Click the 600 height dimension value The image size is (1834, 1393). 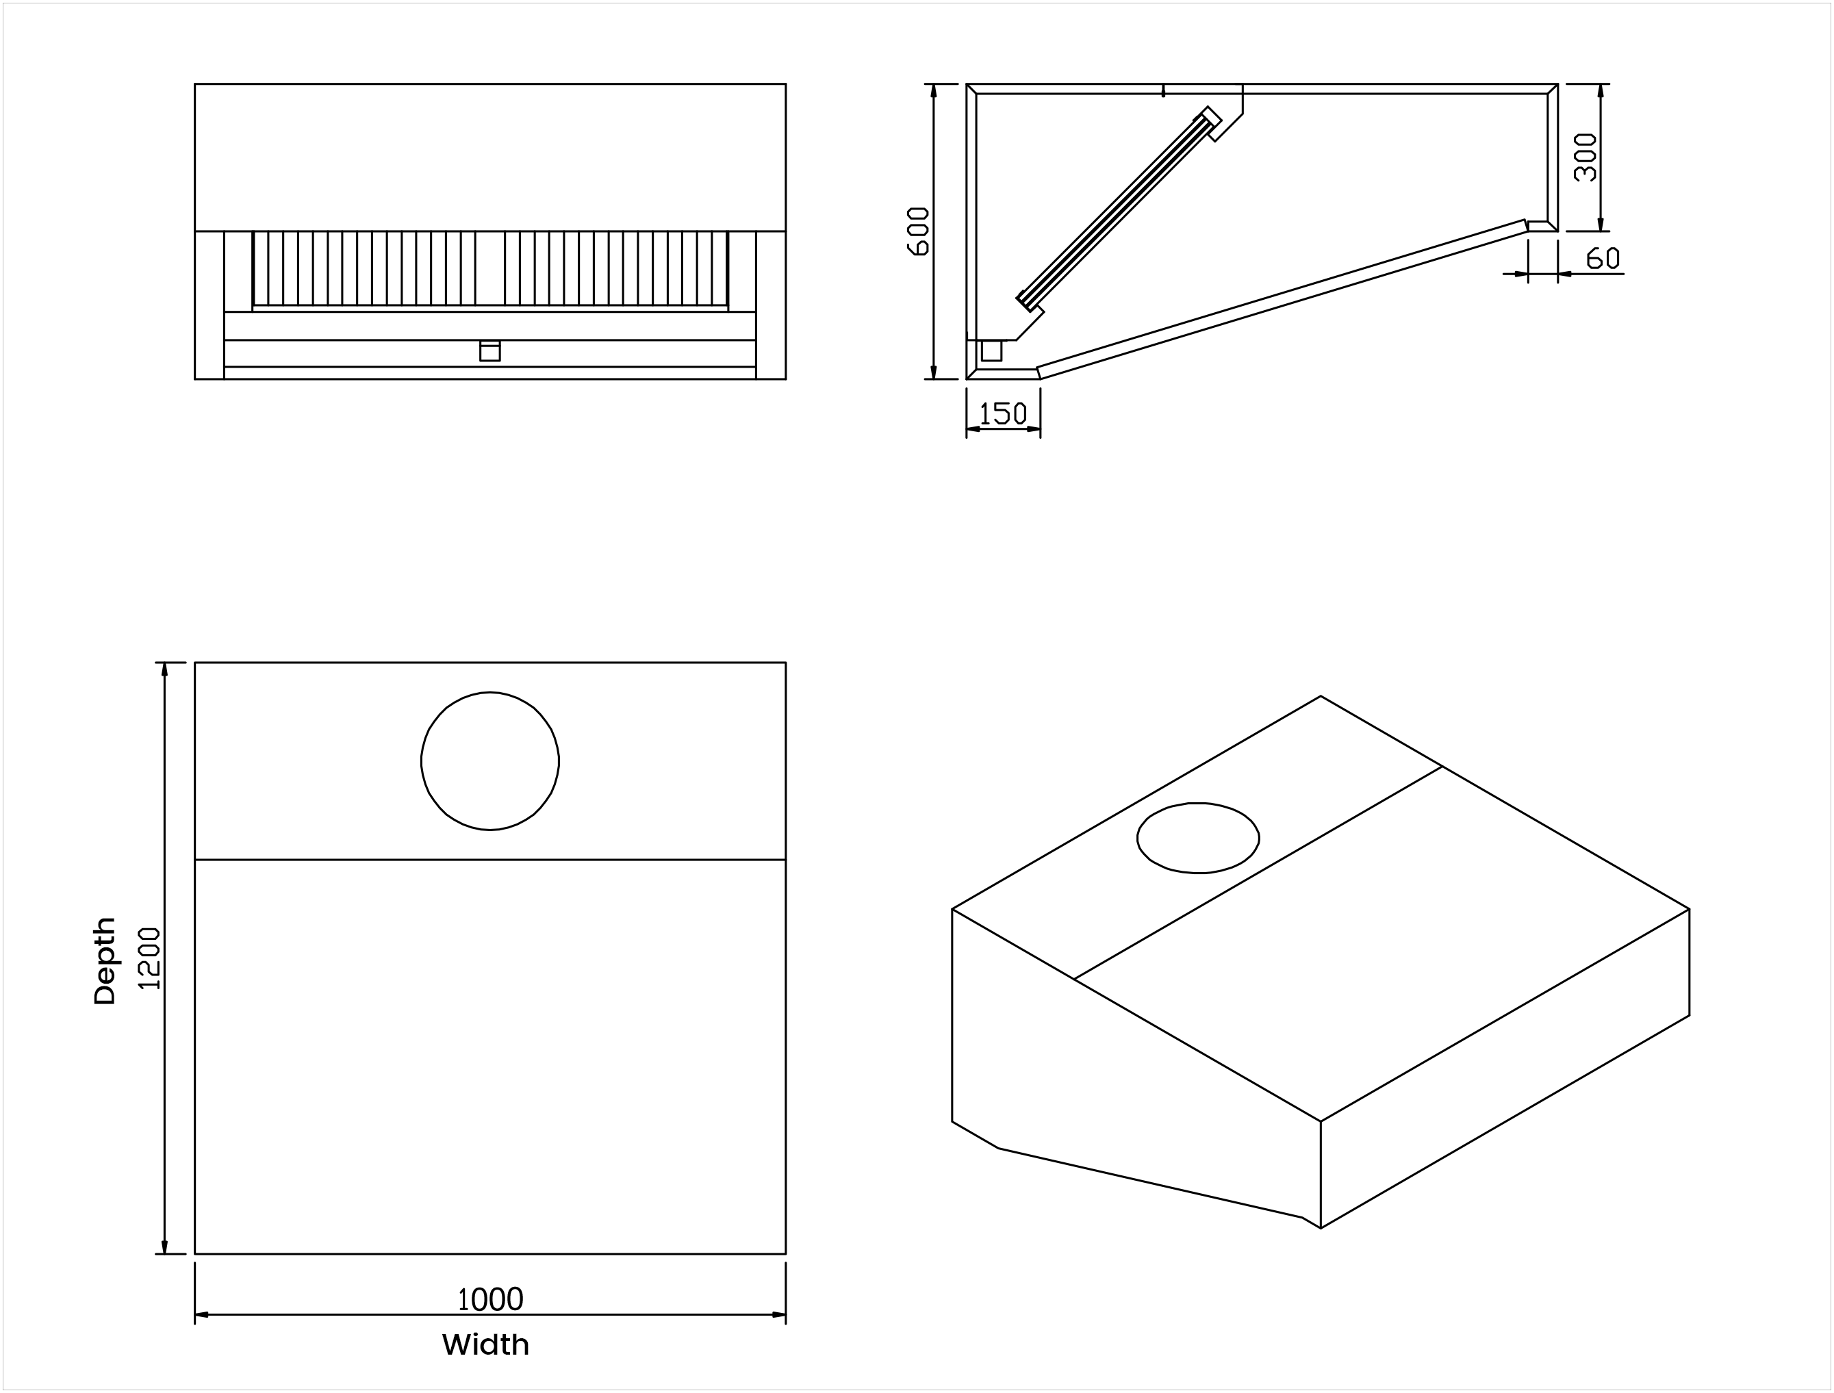point(919,231)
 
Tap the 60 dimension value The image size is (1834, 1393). point(1603,259)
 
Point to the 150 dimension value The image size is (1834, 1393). point(1003,413)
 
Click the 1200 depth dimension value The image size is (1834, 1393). point(149,958)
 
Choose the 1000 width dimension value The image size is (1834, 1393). point(491,1299)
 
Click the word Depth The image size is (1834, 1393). point(105,961)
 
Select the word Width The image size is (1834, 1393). point(486,1345)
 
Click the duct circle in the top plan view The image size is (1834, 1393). point(490,761)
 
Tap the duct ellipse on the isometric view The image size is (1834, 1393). point(1198,839)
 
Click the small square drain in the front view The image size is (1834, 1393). point(490,352)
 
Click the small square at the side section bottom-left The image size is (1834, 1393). point(992,350)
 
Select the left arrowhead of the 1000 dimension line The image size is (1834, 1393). point(201,1314)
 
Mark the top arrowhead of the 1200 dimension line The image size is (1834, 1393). point(164,669)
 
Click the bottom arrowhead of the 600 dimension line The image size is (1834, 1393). point(934,373)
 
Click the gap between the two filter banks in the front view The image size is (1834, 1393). point(490,268)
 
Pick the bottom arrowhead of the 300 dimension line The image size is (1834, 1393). point(1600,225)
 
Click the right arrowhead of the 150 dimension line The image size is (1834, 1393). point(1034,429)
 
